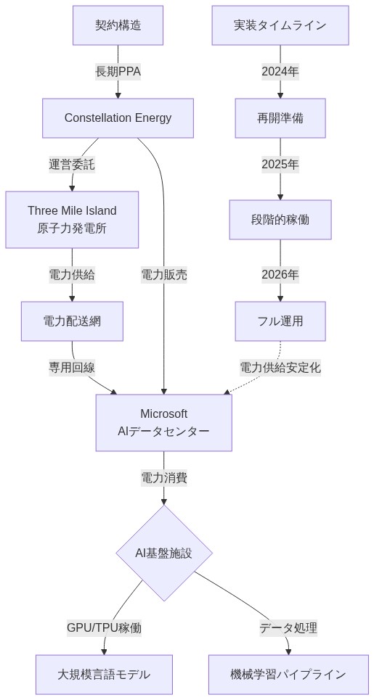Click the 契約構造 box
(118, 25)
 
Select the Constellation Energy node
(118, 118)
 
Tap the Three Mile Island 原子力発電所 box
(72, 219)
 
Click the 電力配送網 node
(72, 321)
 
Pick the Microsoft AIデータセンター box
(163, 422)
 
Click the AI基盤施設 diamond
(163, 553)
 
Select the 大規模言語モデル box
(104, 674)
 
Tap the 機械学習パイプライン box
(288, 674)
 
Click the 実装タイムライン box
(280, 25)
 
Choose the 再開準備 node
(280, 118)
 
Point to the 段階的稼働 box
(280, 219)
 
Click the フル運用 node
(280, 321)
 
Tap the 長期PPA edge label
(118, 71)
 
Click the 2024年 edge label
(280, 71)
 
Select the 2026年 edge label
(280, 274)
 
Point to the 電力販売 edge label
(163, 274)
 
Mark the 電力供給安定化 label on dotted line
(280, 367)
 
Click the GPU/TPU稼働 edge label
(104, 627)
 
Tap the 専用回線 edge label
(72, 367)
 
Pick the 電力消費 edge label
(163, 477)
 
